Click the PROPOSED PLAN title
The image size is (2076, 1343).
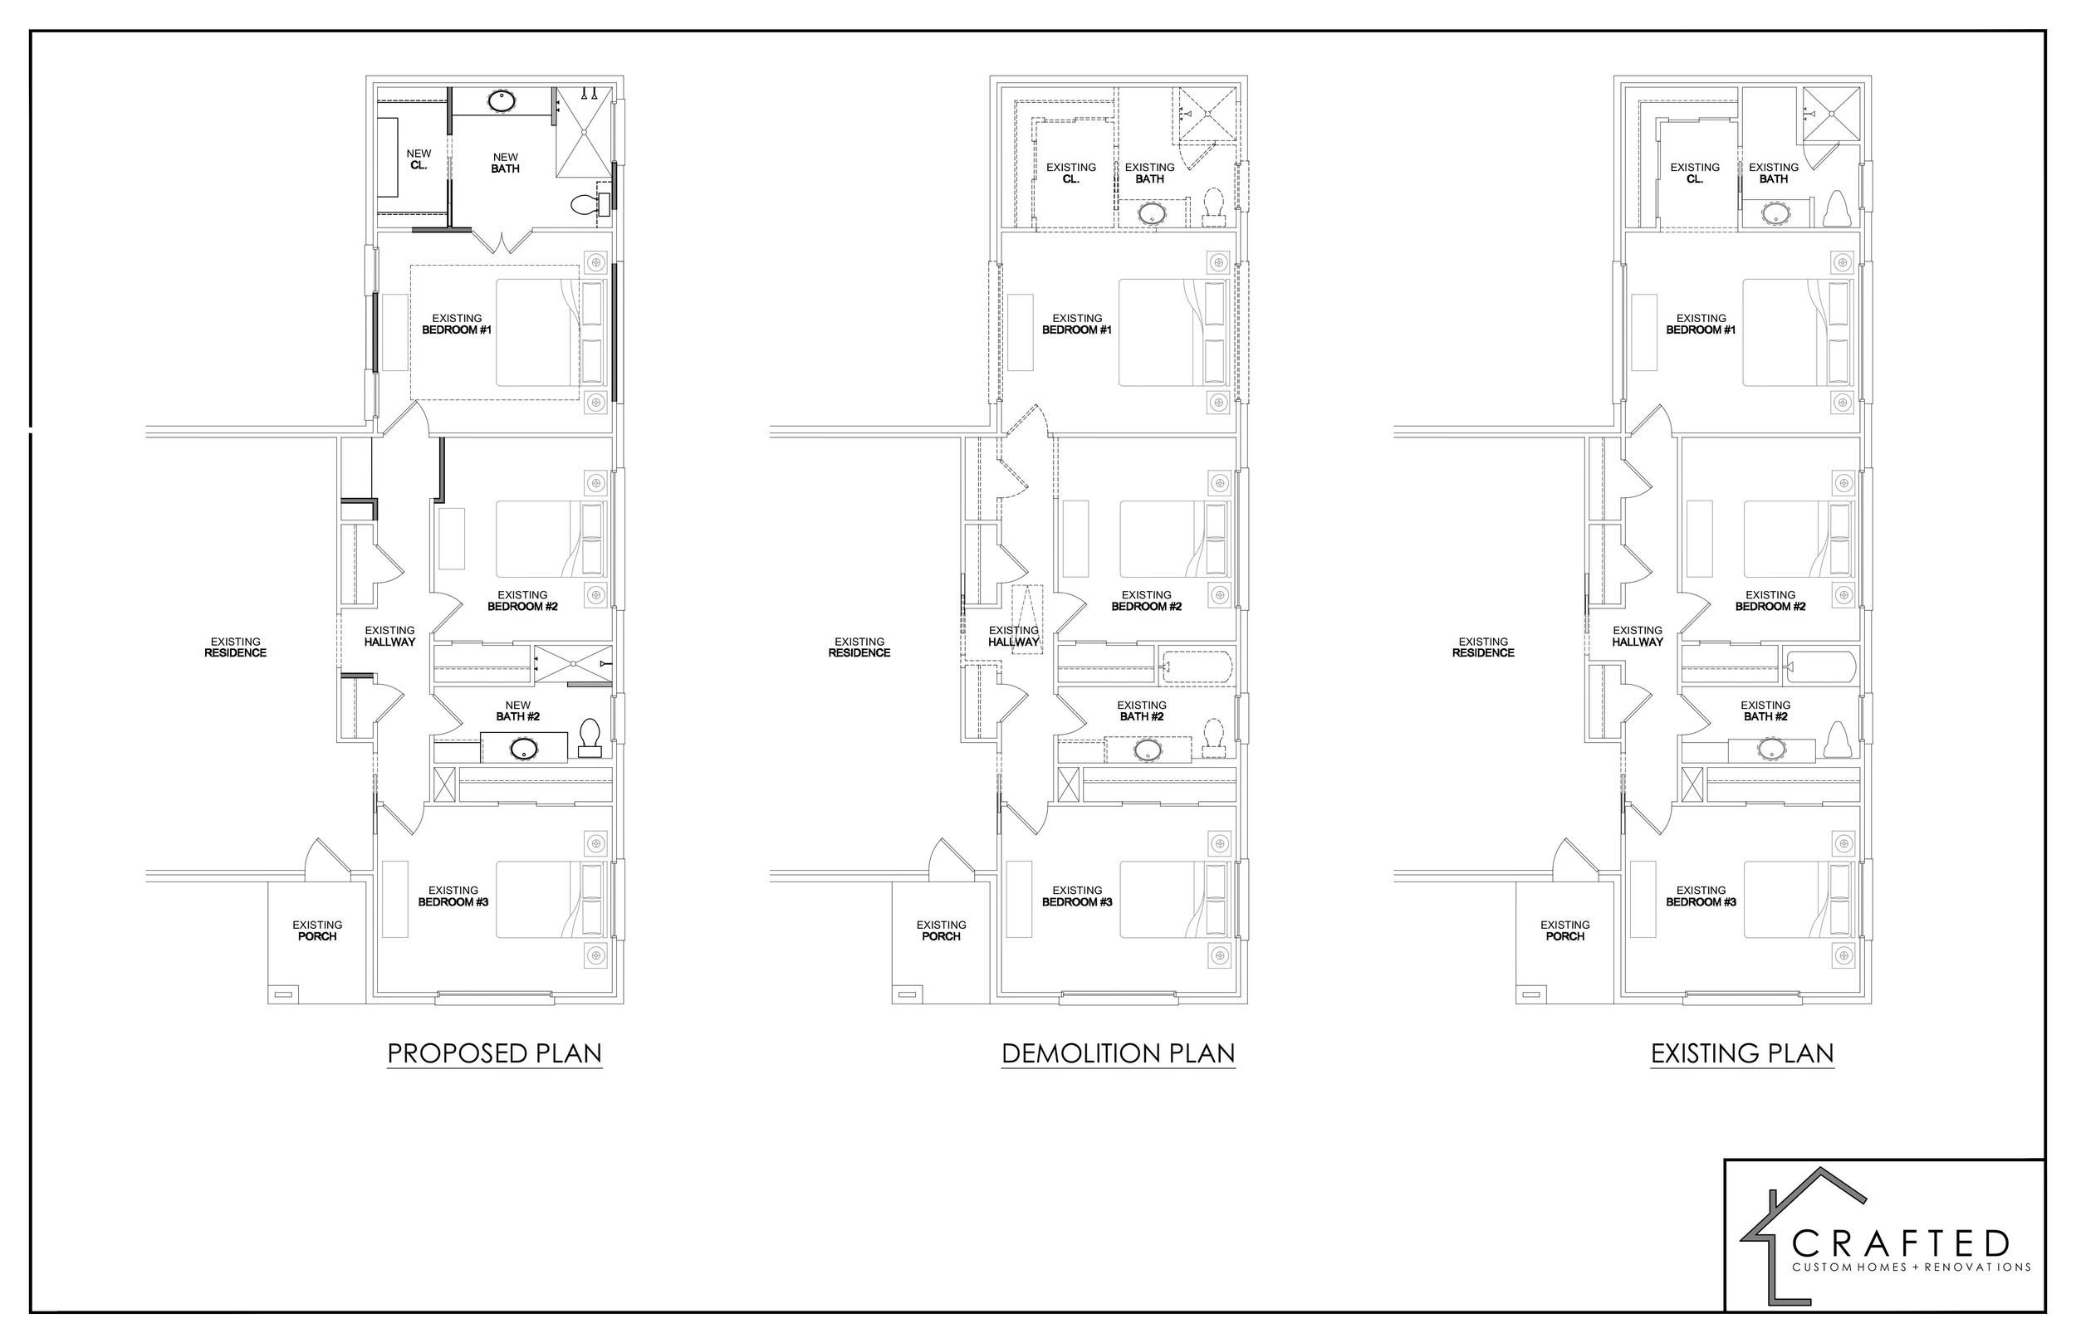[495, 1053]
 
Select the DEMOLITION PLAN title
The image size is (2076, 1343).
[1119, 1053]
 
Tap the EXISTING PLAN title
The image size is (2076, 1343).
[1742, 1053]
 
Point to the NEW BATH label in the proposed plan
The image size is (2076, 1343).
[505, 163]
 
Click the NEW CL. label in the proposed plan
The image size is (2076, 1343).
[419, 159]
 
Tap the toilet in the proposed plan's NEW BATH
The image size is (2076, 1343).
[589, 205]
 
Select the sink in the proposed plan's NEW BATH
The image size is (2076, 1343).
[501, 101]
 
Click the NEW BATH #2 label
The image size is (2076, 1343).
[518, 711]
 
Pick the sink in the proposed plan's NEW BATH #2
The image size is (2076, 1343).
[524, 748]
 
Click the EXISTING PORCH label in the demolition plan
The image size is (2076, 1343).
[941, 930]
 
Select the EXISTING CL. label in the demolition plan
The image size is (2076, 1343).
[1071, 173]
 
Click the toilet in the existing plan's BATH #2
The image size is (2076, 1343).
[1838, 740]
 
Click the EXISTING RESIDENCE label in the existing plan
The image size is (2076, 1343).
[1483, 647]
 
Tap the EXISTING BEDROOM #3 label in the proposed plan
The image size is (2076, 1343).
[453, 896]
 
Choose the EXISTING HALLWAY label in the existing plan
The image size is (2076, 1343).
[1638, 636]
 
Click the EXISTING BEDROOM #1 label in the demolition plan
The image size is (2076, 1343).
[1076, 325]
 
